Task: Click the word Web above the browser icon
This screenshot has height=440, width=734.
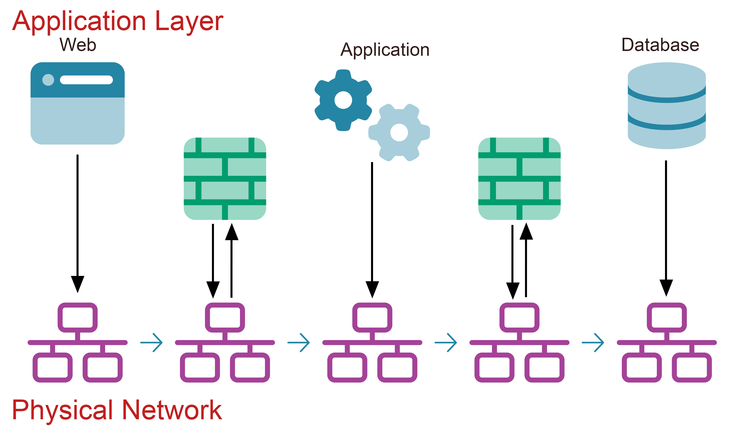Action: pos(78,45)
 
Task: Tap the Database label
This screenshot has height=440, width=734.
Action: pos(660,45)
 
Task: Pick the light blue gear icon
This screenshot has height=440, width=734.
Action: pos(399,133)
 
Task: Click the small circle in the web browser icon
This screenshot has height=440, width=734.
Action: pos(48,80)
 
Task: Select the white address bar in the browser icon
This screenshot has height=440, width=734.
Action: pos(86,80)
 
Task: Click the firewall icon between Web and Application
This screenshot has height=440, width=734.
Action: pos(225,179)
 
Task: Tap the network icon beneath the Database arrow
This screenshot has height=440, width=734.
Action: pos(667,342)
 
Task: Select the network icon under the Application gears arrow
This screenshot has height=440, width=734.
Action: pos(372,342)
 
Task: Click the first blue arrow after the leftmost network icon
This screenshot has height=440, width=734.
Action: pos(152,342)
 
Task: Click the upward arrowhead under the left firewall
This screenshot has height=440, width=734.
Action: pos(232,232)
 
